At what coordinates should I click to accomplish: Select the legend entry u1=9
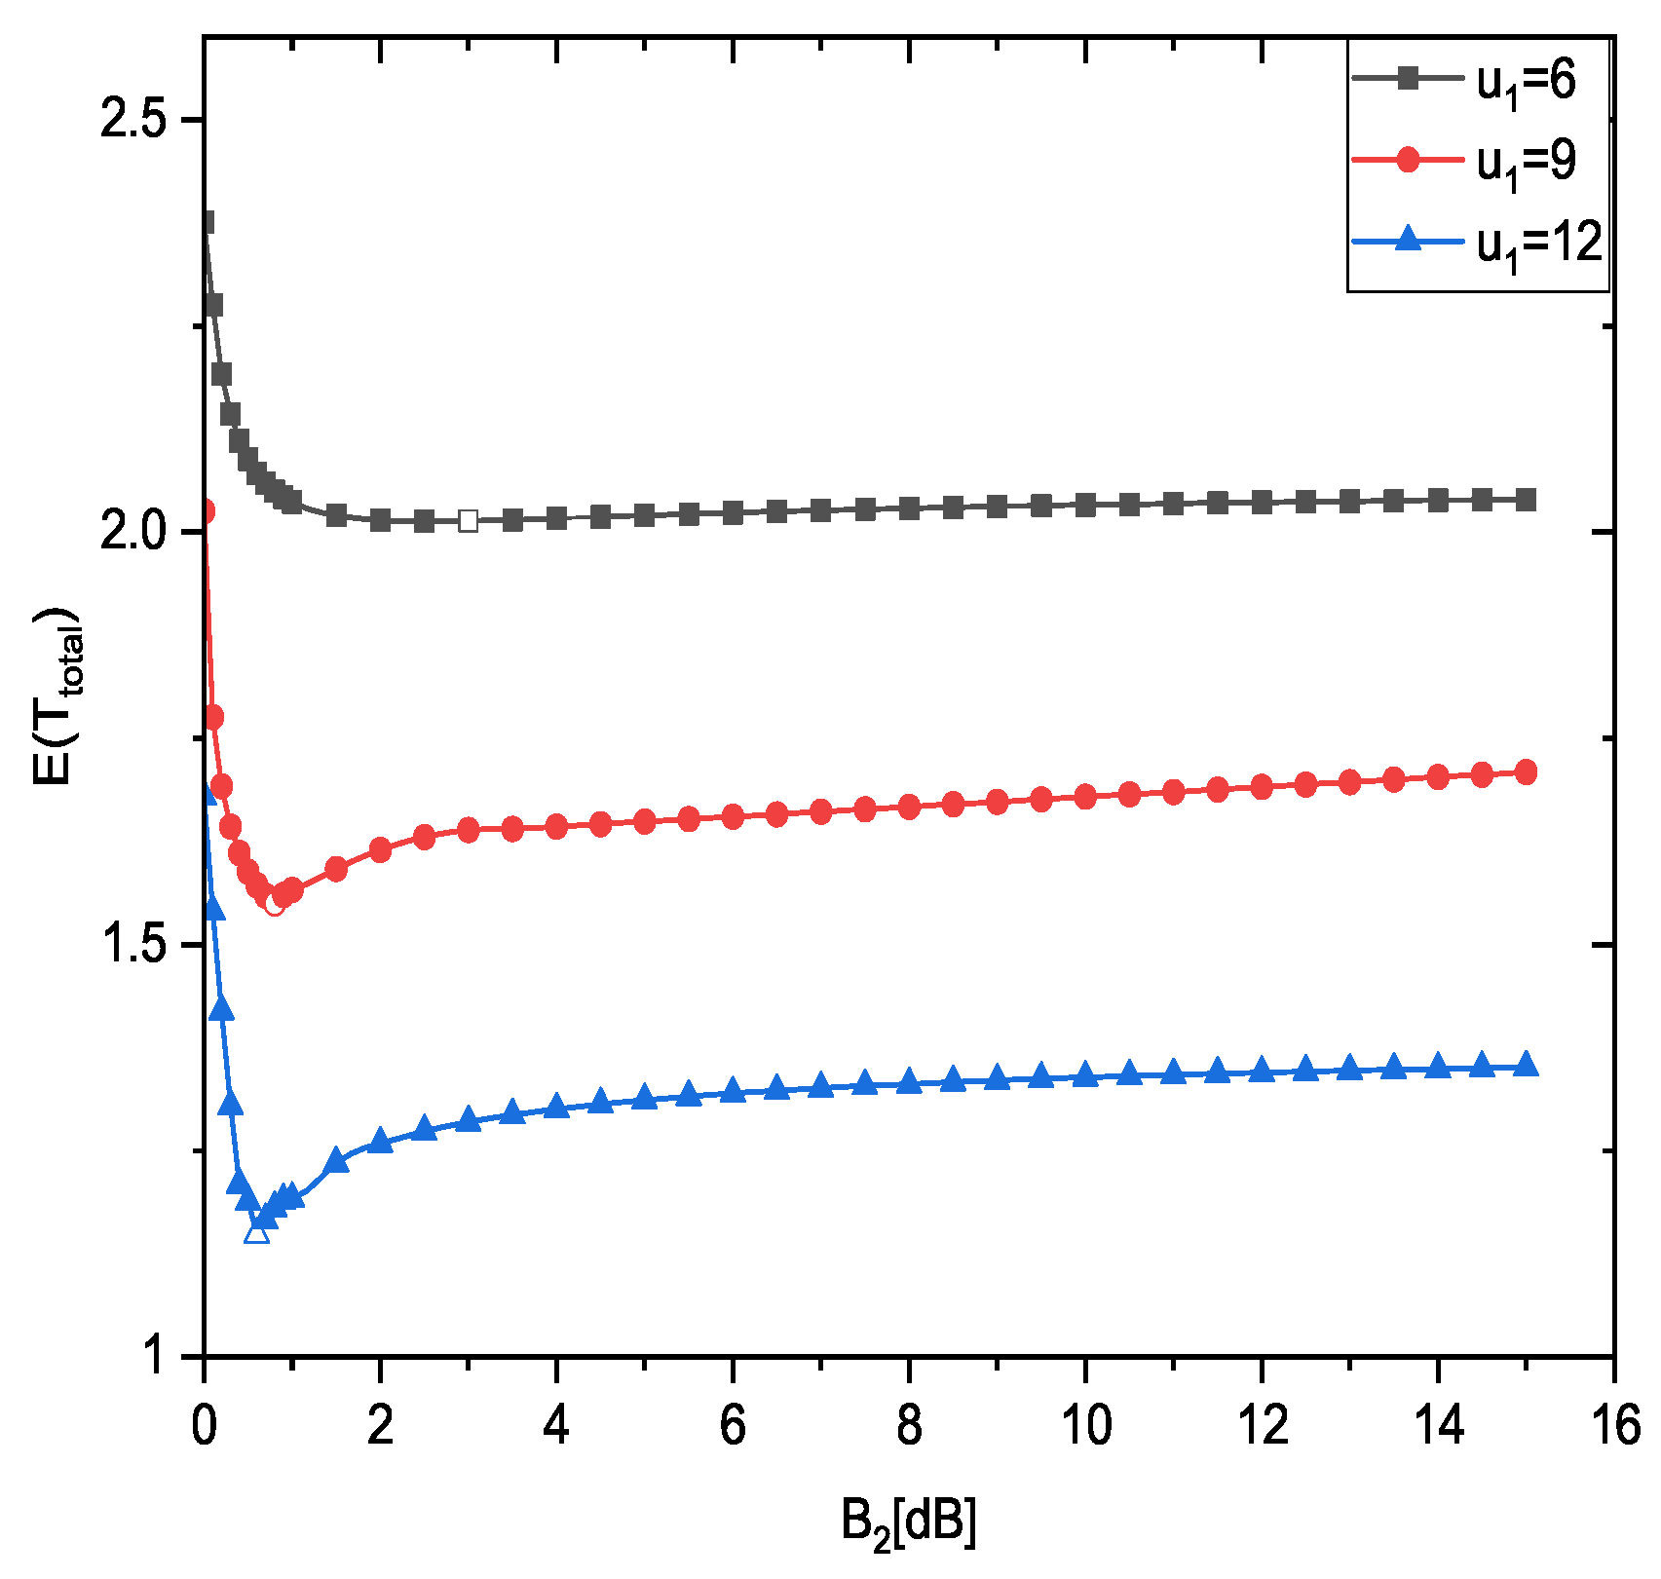pos(1477,161)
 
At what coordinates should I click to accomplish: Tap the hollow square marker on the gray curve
pos(468,520)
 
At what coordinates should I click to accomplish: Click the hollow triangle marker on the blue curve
pos(257,1232)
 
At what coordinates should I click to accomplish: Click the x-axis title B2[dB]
pos(908,1522)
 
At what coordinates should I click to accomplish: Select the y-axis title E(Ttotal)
pos(57,696)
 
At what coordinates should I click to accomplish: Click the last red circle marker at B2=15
pos(1526,772)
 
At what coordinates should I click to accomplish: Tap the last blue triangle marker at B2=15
pos(1526,1065)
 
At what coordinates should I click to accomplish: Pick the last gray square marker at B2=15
pos(1526,500)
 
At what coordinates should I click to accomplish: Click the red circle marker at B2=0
pos(205,510)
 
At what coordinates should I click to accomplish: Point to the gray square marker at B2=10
pos(1085,505)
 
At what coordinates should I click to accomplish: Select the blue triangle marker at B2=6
pos(733,1090)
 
